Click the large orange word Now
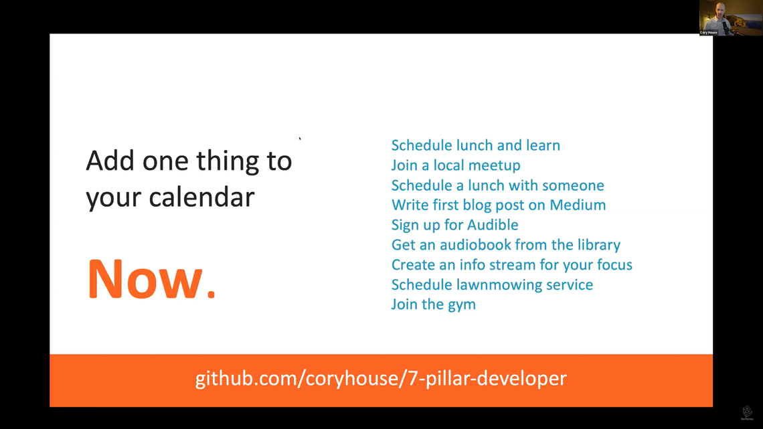145,279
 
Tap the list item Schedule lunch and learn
475,145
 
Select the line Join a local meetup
456,165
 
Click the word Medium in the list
578,205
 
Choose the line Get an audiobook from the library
505,245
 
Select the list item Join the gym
433,305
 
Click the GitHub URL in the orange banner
381,378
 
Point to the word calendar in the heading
201,197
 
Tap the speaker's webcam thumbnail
731,17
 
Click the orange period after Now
211,293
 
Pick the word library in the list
599,245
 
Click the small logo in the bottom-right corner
747,413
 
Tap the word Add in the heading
110,161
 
